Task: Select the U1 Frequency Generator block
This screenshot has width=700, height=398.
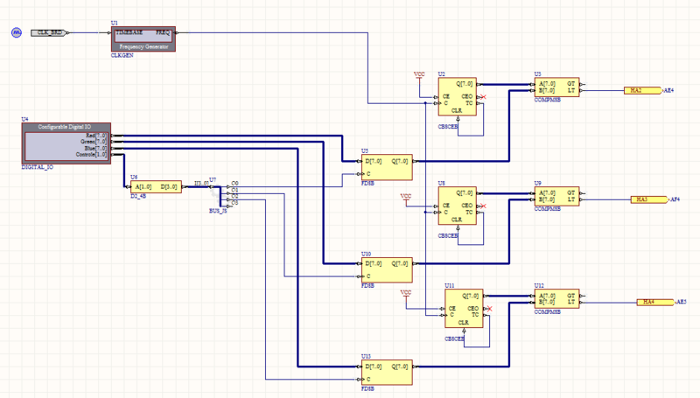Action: (x=143, y=38)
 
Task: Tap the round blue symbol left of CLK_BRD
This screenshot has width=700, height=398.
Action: (x=16, y=32)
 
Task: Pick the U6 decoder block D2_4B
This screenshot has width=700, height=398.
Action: (x=155, y=186)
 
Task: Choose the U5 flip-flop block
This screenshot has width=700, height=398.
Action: (x=385, y=167)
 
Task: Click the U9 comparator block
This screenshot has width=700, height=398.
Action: (x=557, y=197)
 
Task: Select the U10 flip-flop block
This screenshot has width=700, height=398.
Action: (x=385, y=269)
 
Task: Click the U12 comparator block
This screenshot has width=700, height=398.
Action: (x=557, y=299)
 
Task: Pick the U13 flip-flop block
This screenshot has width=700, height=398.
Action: (x=385, y=372)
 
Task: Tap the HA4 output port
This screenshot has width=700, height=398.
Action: (x=650, y=302)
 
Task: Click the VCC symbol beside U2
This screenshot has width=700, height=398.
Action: (x=419, y=76)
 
